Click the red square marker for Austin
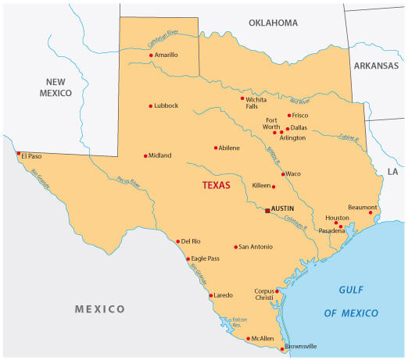pyautogui.click(x=267, y=211)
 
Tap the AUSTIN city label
pyautogui.click(x=282, y=209)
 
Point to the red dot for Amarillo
pyautogui.click(x=151, y=55)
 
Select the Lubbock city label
pyautogui.click(x=166, y=105)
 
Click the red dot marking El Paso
pyautogui.click(x=18, y=154)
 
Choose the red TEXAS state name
pyautogui.click(x=217, y=185)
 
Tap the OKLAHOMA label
pyautogui.click(x=273, y=23)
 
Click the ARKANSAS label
pyautogui.click(x=376, y=66)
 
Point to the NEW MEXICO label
pyautogui.click(x=60, y=87)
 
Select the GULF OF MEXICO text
pyautogui.click(x=358, y=301)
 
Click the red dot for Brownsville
pyautogui.click(x=283, y=349)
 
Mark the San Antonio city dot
pyautogui.click(x=235, y=247)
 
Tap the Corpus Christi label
pyautogui.click(x=265, y=294)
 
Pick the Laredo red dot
pyautogui.click(x=210, y=296)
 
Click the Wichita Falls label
pyautogui.click(x=256, y=103)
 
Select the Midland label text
pyautogui.click(x=160, y=155)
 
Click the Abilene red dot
pyautogui.click(x=216, y=148)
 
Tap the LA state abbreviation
pyautogui.click(x=392, y=171)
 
